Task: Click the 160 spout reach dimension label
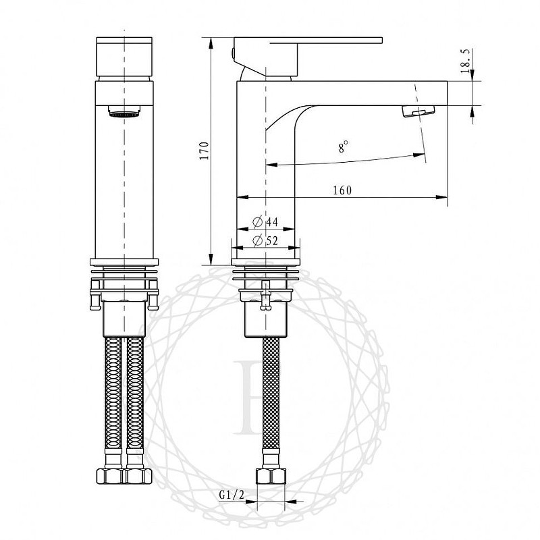342,190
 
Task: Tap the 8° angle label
344,146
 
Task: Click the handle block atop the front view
125,55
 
